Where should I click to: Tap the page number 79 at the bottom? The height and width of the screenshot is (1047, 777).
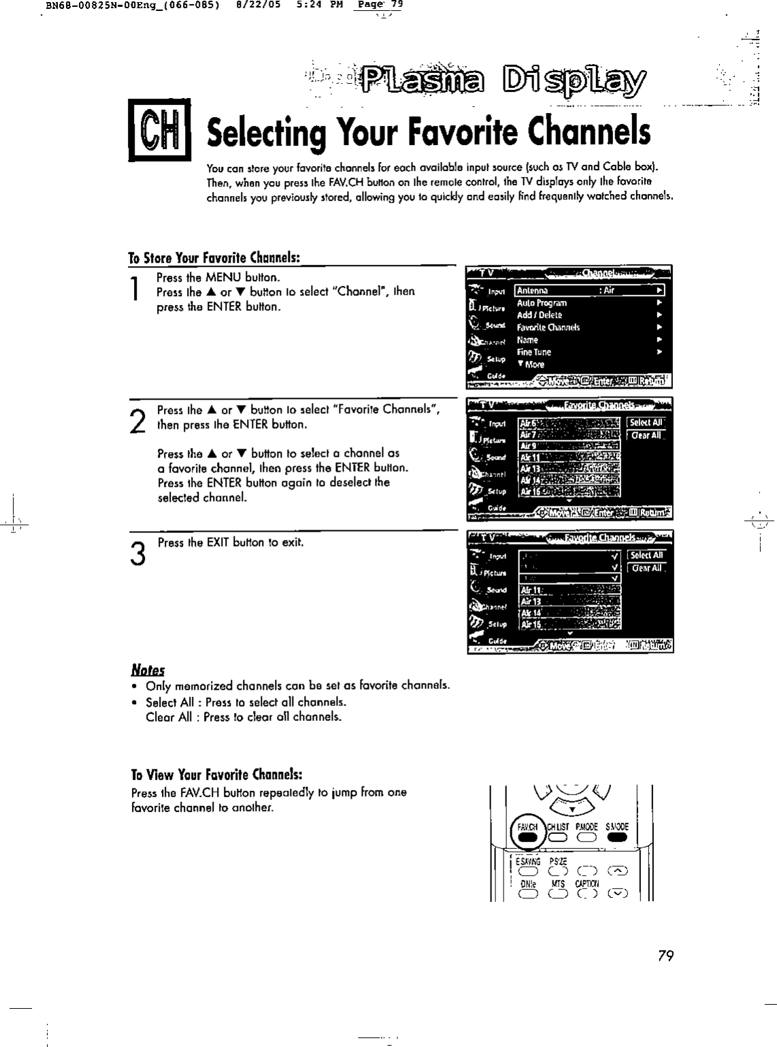point(665,956)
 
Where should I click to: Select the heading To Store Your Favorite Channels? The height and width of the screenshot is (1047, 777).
point(214,258)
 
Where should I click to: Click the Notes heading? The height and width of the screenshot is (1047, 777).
point(148,670)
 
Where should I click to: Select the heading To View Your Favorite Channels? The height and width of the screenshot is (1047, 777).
point(216,775)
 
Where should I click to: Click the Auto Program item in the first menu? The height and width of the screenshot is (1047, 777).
point(542,303)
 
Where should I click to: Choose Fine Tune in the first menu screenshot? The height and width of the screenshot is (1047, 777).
point(534,352)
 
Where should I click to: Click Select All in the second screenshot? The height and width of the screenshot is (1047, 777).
point(646,423)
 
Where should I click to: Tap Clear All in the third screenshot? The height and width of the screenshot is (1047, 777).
point(646,568)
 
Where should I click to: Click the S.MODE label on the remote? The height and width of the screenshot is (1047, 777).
point(617,827)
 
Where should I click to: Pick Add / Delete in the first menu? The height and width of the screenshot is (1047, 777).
point(540,315)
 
